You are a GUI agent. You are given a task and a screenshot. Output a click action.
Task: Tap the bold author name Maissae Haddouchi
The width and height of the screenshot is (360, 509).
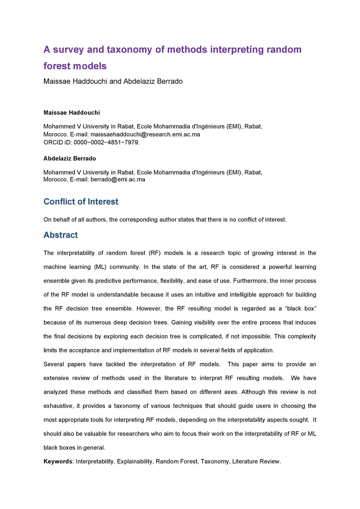coord(72,112)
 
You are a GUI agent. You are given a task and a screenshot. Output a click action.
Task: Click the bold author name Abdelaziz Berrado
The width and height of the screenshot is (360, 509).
coord(70,159)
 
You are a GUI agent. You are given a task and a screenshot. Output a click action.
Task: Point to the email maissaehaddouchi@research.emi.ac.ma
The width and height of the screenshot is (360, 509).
coord(145,134)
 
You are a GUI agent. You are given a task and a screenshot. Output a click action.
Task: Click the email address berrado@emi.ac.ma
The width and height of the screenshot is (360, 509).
coord(118,179)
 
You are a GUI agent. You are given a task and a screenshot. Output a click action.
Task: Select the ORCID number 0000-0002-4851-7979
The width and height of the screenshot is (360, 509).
coord(106,142)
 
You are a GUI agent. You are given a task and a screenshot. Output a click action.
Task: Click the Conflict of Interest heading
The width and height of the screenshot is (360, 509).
coord(81,202)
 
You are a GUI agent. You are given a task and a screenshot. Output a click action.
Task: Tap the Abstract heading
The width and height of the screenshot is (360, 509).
coord(60,235)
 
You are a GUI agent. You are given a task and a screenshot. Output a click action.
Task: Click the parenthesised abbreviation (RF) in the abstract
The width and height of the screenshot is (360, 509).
coord(154,253)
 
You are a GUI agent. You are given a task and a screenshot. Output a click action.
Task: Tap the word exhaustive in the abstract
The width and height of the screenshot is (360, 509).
coord(58,406)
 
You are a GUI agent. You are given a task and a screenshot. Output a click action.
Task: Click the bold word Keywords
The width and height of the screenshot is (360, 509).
coord(58,462)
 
